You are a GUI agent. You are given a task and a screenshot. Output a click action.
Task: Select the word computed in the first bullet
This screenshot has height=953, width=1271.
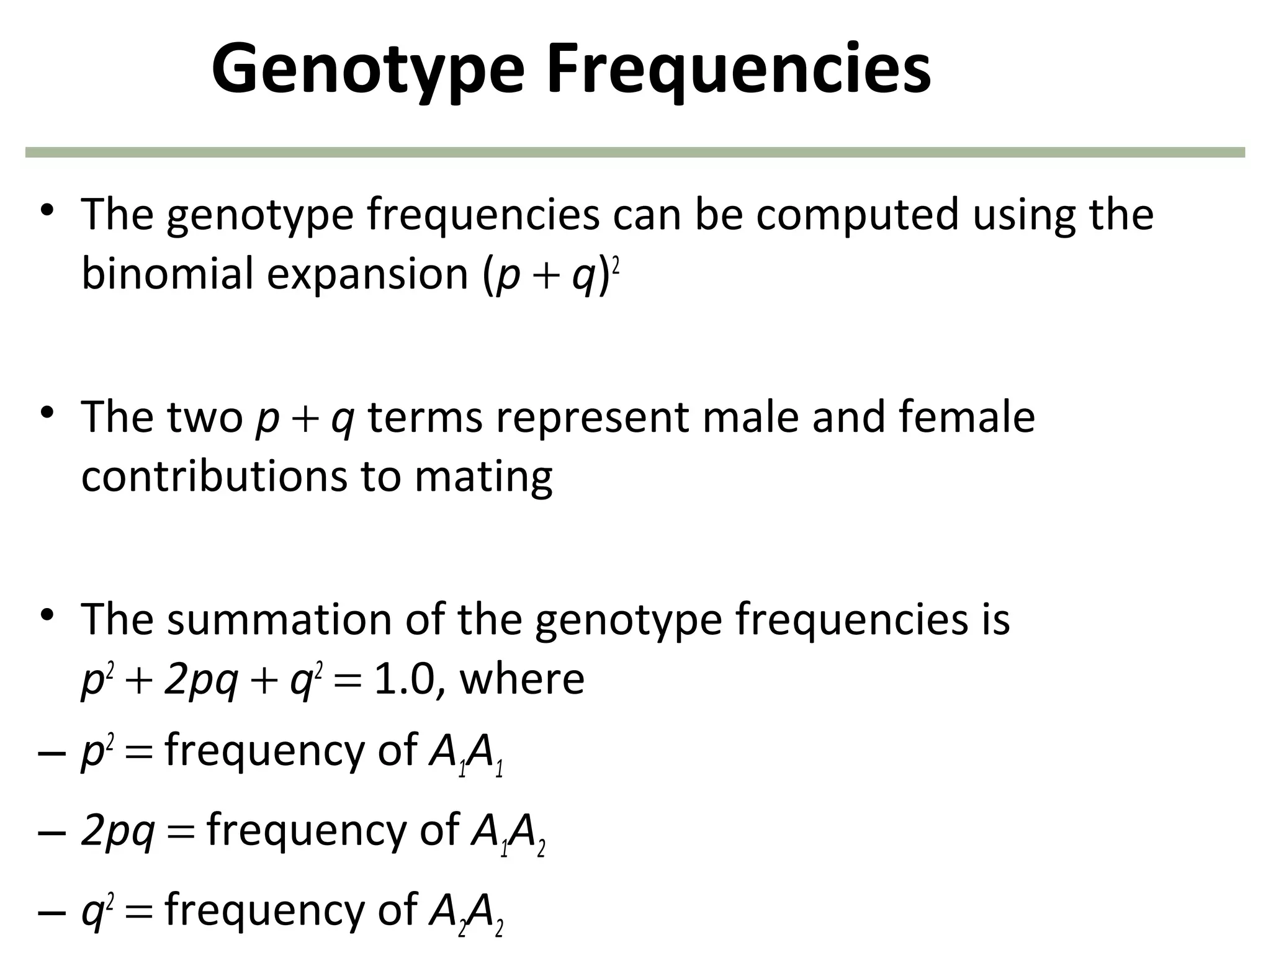857,214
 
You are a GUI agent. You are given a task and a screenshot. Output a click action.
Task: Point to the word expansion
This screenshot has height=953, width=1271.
367,275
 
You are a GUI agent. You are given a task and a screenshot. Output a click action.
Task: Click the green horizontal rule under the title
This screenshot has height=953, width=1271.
635,152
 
